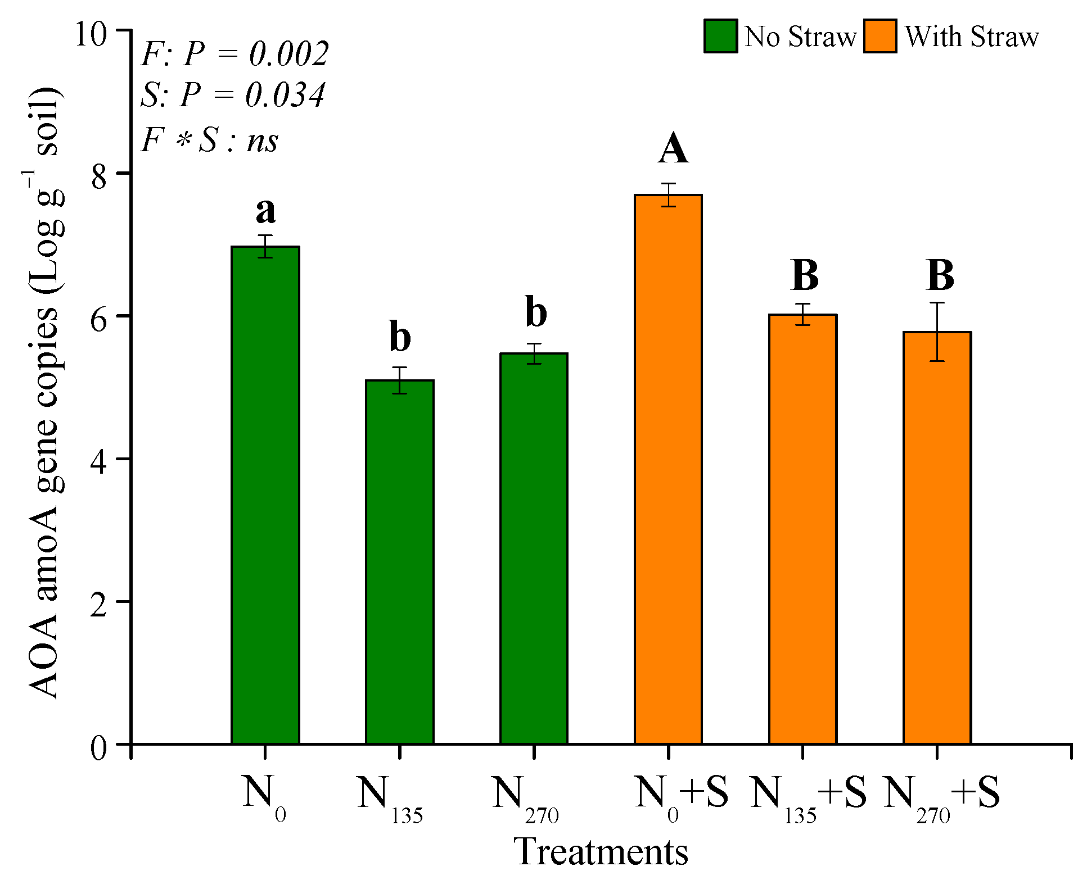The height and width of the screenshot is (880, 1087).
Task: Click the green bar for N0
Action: point(265,495)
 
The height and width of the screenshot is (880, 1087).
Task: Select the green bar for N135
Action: point(399,562)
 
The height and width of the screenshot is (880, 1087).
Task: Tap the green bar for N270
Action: point(534,548)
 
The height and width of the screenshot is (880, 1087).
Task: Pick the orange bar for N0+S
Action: point(668,469)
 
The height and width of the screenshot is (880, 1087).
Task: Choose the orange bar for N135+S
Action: point(802,529)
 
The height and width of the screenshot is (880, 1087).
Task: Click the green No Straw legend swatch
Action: point(720,37)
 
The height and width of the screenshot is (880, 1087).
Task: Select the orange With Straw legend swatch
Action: point(880,37)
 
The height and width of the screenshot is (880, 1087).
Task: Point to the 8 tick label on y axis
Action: point(99,177)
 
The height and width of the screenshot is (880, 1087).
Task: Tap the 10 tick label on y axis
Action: point(91,34)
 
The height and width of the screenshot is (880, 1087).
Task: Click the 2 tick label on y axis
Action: point(99,606)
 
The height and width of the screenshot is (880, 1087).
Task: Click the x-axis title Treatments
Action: point(601,852)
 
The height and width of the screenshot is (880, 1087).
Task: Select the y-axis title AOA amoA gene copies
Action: point(45,393)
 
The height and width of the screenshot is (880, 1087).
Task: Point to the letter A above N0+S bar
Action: point(673,149)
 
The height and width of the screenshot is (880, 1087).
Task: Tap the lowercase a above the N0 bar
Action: point(265,211)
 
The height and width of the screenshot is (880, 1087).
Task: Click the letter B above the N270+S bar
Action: point(940,276)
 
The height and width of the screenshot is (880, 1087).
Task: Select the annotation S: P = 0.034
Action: point(232,94)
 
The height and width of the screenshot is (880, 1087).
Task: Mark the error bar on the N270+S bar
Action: point(937,332)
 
